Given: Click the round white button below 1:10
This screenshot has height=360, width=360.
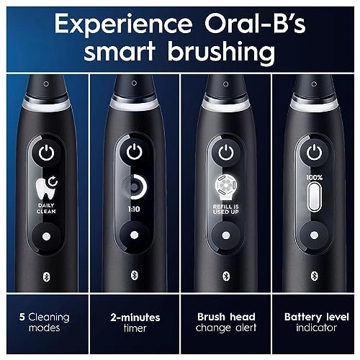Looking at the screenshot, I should [135, 235].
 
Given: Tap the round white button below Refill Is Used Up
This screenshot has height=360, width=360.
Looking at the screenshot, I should [225, 235].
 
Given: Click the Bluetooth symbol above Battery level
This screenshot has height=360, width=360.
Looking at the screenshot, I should [314, 275].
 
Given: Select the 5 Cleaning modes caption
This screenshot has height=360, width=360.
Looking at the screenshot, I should [45, 322].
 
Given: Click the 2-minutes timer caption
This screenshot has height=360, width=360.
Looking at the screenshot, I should [135, 322].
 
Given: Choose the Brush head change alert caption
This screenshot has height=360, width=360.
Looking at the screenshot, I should [225, 322].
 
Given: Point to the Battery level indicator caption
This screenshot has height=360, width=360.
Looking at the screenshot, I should [315, 322].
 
